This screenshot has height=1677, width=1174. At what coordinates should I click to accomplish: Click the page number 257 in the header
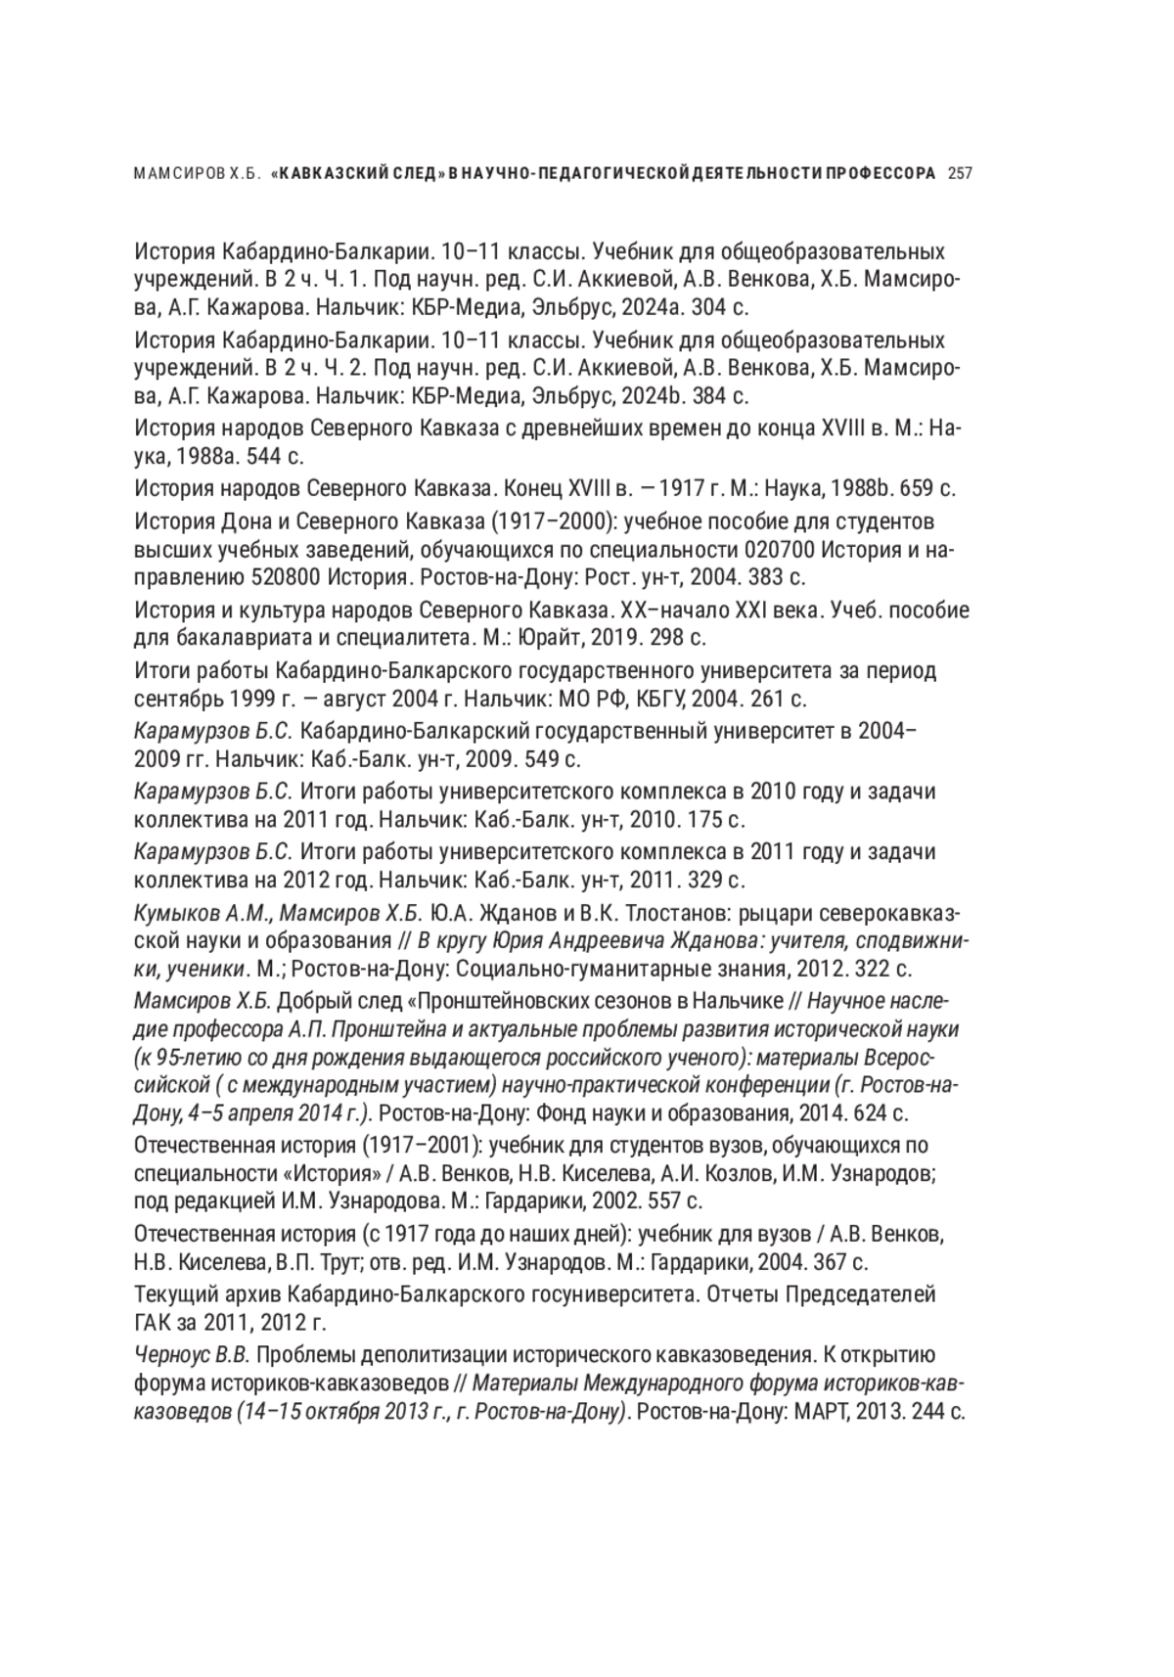click(x=960, y=174)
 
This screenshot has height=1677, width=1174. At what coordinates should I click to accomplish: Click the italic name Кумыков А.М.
click(x=203, y=913)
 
